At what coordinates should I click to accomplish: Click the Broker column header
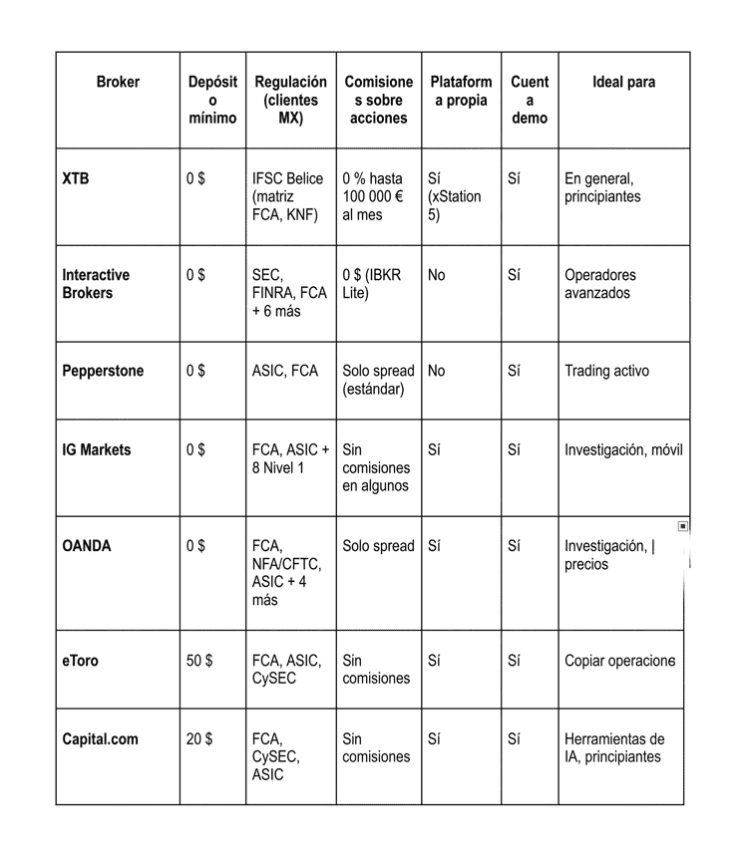[x=118, y=82]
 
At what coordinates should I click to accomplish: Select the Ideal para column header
[x=623, y=82]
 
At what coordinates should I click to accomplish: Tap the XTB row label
[x=75, y=179]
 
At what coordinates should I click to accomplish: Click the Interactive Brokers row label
[x=96, y=284]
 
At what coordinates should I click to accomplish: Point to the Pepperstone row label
[x=103, y=371]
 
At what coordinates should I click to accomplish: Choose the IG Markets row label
[x=96, y=449]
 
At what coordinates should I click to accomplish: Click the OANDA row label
[x=87, y=546]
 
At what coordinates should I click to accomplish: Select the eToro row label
[x=80, y=660]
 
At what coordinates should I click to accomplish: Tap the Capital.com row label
[x=100, y=739]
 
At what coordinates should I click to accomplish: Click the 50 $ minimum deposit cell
[x=199, y=660]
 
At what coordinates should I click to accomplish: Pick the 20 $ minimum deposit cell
[x=199, y=739]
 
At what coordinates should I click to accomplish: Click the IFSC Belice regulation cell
[x=288, y=196]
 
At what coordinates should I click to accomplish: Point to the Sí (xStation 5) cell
[x=454, y=196]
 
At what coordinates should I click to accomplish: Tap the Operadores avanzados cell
[x=599, y=284]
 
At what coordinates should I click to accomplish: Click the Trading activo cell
[x=606, y=371]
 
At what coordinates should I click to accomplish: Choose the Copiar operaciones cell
[x=619, y=660]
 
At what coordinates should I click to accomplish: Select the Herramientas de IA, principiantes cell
[x=613, y=747]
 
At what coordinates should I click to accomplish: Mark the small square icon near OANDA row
[x=683, y=525]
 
